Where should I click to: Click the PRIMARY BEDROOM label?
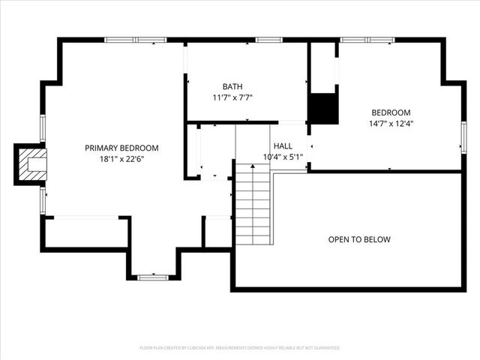coord(121,148)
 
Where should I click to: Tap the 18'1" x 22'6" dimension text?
coord(121,158)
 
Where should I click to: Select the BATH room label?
coord(232,86)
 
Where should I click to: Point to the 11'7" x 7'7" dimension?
coord(232,97)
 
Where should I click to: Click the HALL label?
coord(283,146)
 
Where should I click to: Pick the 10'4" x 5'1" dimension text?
coord(282,157)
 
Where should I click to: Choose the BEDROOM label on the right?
coord(391,112)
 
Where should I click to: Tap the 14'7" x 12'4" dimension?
coord(391,123)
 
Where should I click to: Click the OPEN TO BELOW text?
coord(359,240)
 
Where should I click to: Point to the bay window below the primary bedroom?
coord(153,277)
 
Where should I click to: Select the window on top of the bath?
coord(268,40)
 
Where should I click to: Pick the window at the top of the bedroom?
coord(367,40)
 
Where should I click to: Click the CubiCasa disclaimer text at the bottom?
coord(240,348)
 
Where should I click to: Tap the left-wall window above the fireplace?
coord(43,127)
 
